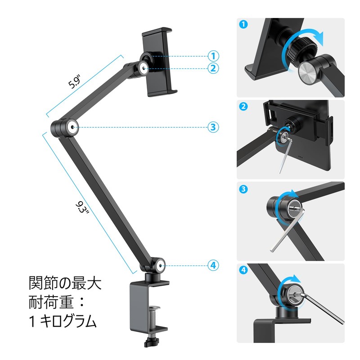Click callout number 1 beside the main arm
pos(213,56)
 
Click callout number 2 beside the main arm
pos(213,68)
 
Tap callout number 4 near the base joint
pos(213,265)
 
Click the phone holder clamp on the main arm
pos(157,63)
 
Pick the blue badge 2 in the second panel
pos(243,107)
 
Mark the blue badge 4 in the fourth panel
pos(243,271)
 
